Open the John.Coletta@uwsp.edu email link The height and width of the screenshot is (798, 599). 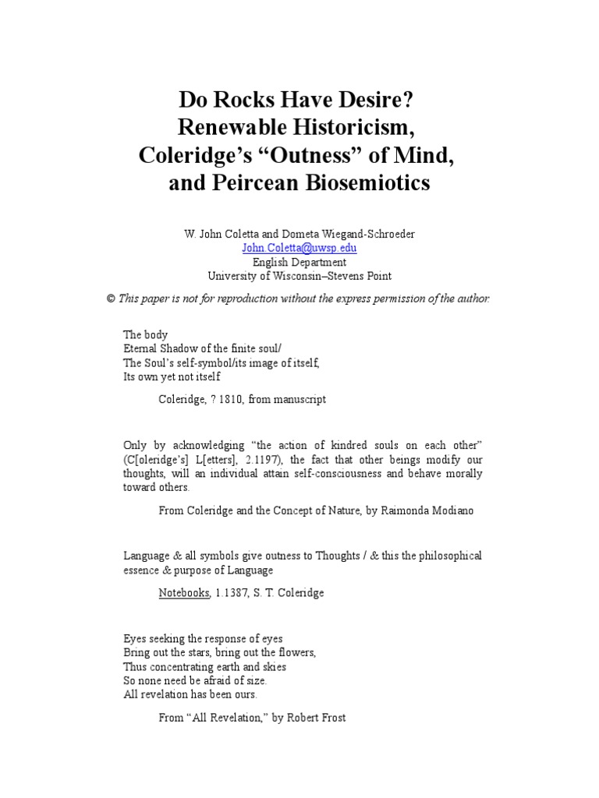click(x=299, y=247)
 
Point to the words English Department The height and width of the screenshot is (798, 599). click(x=299, y=262)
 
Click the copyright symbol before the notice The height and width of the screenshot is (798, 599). click(x=111, y=299)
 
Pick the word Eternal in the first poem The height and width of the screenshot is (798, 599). click(x=141, y=348)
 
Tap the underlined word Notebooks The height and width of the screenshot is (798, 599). click(x=184, y=592)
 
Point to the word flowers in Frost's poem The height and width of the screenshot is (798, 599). click(x=293, y=652)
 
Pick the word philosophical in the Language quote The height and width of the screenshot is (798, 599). click(x=441, y=556)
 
